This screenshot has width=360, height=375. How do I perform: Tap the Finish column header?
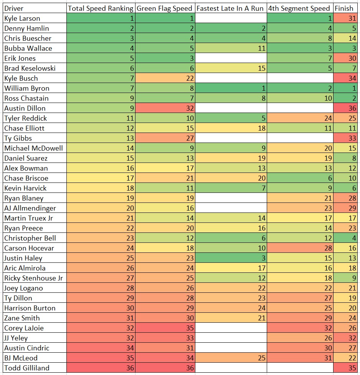point(344,8)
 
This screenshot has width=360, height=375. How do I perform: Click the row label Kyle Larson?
point(22,18)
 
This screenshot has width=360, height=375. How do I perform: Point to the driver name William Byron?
point(27,88)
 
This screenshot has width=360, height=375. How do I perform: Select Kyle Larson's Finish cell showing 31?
point(345,18)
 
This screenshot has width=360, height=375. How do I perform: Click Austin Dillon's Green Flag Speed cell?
point(165,108)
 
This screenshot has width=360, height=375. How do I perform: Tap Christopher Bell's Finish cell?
point(345,238)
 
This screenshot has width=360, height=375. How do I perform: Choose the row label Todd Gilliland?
point(27,368)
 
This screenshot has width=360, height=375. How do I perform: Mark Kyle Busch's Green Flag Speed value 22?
point(165,78)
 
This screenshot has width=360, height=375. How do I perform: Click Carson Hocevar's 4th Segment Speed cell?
point(300,248)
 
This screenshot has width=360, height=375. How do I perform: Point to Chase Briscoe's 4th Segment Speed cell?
point(300,178)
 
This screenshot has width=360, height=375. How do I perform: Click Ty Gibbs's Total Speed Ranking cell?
point(101,138)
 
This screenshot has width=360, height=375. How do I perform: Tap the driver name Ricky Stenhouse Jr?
point(33,278)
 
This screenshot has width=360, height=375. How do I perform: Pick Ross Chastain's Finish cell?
point(345,98)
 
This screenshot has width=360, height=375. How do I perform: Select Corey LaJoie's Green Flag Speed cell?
point(165,328)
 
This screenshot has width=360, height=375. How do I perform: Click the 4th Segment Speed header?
point(299,8)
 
